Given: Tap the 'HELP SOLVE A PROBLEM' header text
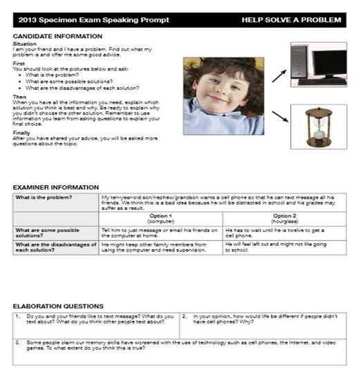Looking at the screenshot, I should coord(291,20).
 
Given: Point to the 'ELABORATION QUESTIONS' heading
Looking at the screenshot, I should coord(58,305).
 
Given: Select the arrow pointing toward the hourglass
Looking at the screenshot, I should coord(280,115).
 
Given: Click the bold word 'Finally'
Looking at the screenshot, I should coord(21,133).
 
